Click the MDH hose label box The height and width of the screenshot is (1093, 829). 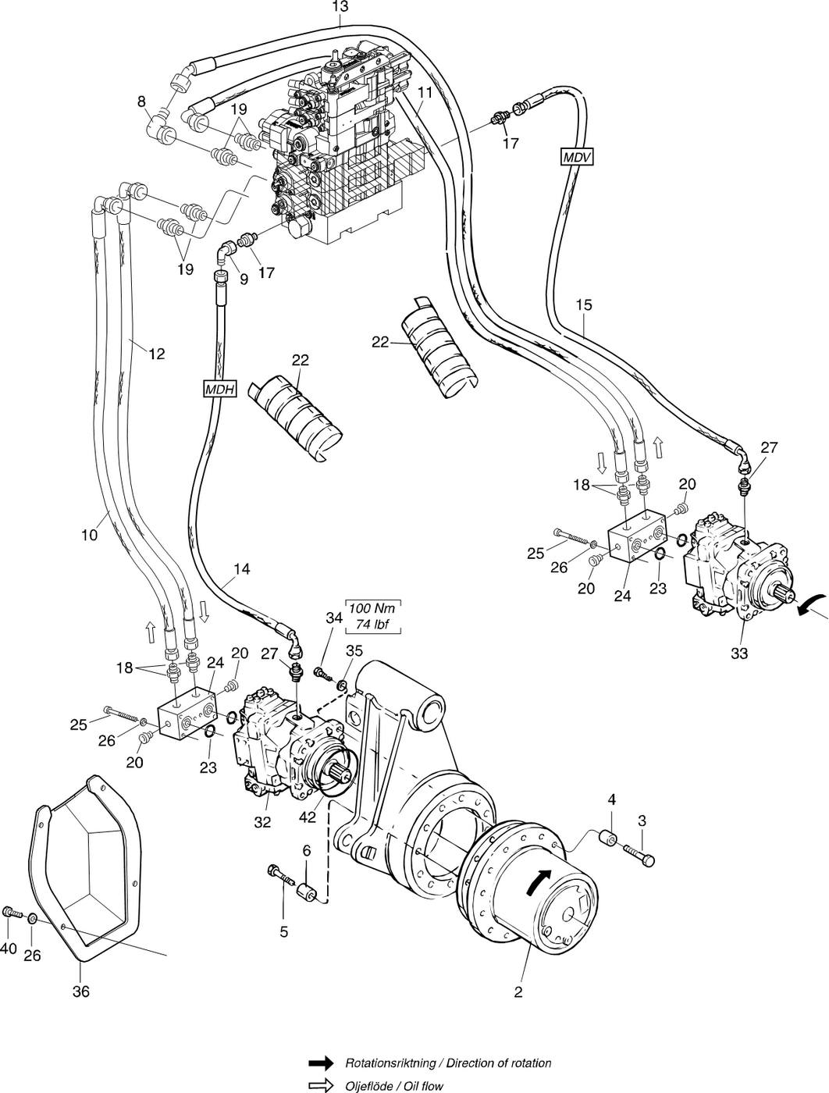(219, 389)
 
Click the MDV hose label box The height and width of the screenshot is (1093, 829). (577, 157)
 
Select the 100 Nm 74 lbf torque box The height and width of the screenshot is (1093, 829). (374, 617)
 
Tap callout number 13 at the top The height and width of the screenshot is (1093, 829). (340, 6)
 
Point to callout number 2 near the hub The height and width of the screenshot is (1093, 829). (518, 993)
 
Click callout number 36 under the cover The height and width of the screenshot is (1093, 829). (80, 992)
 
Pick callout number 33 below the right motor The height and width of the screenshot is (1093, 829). (738, 653)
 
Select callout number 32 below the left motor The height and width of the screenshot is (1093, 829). (262, 821)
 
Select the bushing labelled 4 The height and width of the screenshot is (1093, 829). (607, 840)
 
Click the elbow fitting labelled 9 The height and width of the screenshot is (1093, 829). (225, 251)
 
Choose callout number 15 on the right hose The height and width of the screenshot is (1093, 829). (584, 304)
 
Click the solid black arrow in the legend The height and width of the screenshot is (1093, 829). (320, 1063)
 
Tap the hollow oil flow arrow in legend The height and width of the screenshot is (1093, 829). (320, 1085)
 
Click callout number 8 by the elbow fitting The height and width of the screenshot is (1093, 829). (141, 101)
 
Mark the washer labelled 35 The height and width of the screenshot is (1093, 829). (341, 685)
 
